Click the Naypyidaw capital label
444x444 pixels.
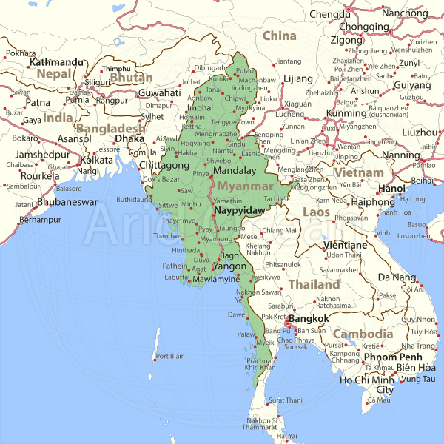tap(238, 211)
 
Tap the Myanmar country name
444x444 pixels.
tap(246, 186)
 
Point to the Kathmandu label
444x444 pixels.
tap(57, 62)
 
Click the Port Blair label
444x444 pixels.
tap(169, 357)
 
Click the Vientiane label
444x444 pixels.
tap(346, 245)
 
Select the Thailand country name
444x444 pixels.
tap(314, 283)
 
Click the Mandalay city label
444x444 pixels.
tap(234, 170)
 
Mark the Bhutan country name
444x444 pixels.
tap(132, 78)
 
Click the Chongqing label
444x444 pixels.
tap(364, 27)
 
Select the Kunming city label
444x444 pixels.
tap(346, 114)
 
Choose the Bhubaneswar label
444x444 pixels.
tap(67, 201)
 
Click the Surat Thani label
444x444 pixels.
tap(286, 400)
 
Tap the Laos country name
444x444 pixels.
tap(316, 212)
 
